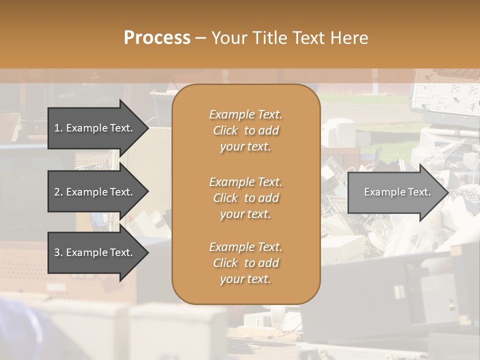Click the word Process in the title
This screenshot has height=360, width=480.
pos(157,38)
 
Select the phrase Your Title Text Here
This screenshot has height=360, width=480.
pos(289,38)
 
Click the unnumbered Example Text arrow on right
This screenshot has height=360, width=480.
pos(397,192)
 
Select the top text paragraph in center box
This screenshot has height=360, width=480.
pos(245,130)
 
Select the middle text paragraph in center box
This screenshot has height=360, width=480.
pos(245,198)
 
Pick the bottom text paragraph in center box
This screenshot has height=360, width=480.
pos(245,263)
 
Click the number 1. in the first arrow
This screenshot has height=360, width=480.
pos(58,128)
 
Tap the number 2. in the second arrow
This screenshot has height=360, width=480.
pos(58,192)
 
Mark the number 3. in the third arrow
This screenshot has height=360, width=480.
pos(58,252)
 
